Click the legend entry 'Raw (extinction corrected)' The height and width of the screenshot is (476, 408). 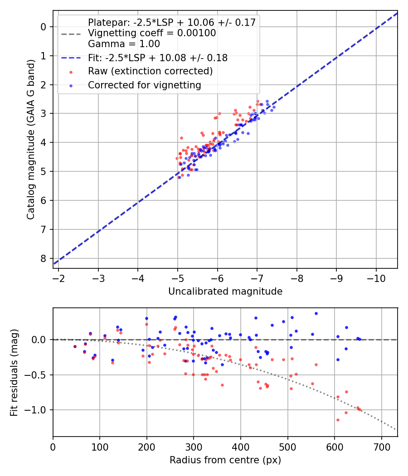(x=150, y=71)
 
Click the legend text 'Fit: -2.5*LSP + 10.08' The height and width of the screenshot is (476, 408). (x=157, y=58)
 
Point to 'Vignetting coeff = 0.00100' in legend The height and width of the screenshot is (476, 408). (x=152, y=33)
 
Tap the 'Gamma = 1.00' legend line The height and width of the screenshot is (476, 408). (x=124, y=44)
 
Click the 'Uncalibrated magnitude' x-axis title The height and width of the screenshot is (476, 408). (x=225, y=291)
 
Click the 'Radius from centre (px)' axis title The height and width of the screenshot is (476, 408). (x=225, y=460)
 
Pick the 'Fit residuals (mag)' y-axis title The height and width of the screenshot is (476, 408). (x=14, y=372)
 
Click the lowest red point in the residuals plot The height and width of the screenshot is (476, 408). (x=338, y=420)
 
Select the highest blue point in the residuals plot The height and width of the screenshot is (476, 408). (x=316, y=313)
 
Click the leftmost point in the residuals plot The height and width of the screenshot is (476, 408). (x=75, y=346)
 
